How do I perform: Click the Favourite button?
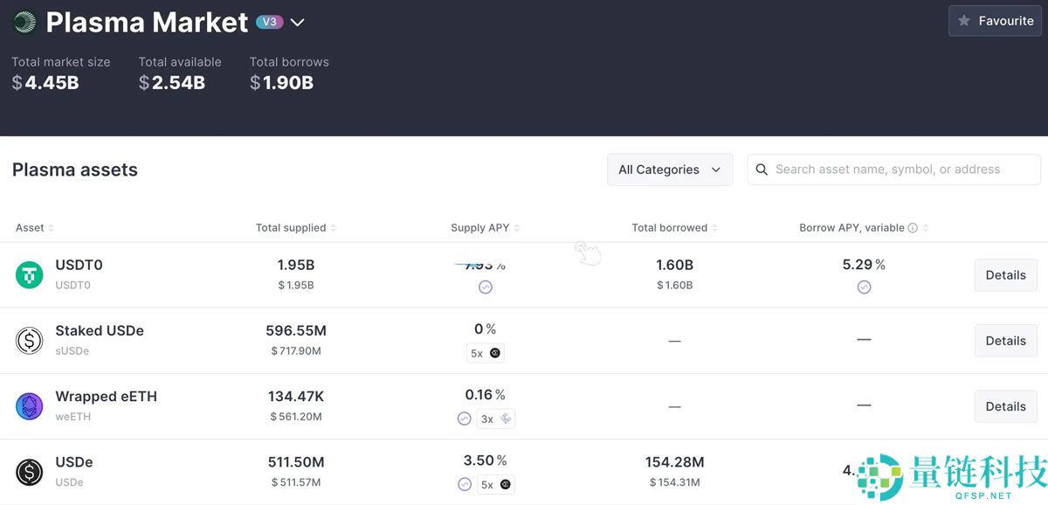pos(995,21)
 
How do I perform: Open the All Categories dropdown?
pos(670,169)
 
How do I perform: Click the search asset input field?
pos(893,169)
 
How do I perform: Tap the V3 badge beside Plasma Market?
pos(270,22)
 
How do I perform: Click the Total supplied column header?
pos(291,228)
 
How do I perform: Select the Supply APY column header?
pos(479,228)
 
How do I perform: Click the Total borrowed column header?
pos(669,228)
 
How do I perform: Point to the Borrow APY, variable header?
pos(851,228)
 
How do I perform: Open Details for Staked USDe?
pos(1005,341)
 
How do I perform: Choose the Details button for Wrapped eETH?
pos(1005,406)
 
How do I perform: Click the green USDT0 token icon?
pos(30,275)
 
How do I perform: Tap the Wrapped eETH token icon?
pos(30,406)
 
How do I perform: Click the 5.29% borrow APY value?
pos(863,265)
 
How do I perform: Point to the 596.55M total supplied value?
pos(296,331)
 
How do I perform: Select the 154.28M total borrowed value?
pos(674,462)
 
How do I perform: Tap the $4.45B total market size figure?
pos(45,83)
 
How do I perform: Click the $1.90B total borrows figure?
pos(281,83)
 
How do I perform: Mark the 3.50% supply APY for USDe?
pos(485,460)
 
